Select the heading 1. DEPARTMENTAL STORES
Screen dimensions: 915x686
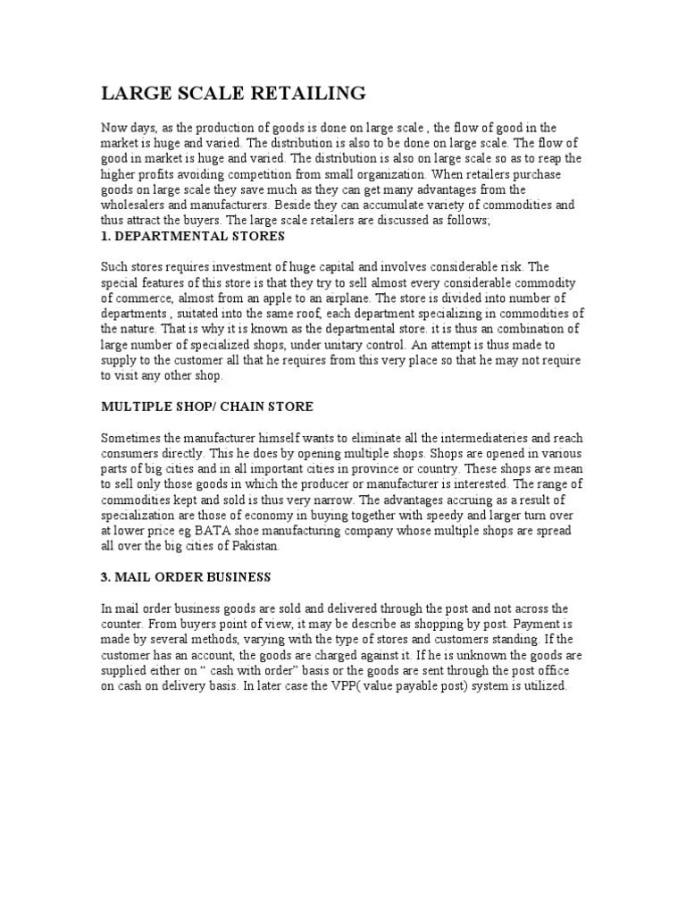coord(192,236)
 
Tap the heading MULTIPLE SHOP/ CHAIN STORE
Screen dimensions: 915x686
coord(206,407)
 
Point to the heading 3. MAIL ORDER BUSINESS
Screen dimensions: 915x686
coord(185,576)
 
